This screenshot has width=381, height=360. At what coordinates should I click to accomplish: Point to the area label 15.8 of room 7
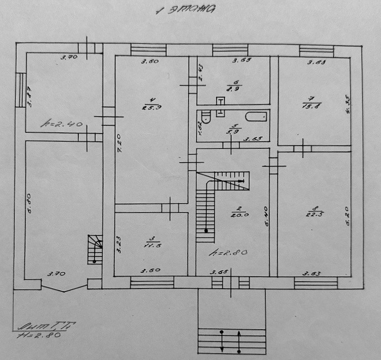coord(312,106)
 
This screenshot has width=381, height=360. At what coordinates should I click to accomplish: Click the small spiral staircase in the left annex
coord(95,249)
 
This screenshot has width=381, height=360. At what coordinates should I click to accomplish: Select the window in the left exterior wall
coord(20,90)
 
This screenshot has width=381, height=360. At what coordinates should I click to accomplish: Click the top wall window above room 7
coord(316,50)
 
